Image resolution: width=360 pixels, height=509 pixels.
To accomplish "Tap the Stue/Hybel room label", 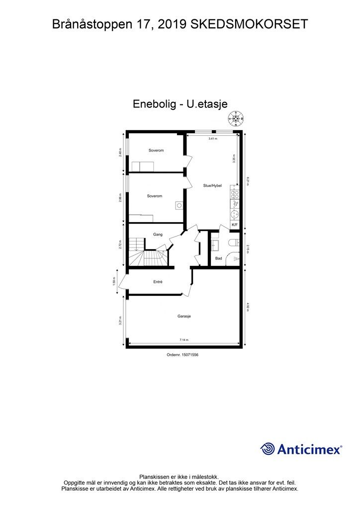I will point(212,185).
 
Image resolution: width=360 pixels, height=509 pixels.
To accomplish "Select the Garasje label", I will point(184,316).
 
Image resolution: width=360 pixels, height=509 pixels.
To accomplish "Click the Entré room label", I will point(158,282).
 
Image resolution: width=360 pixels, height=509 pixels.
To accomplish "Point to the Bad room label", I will point(218,258).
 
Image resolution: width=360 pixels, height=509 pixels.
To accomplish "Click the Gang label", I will point(158,234).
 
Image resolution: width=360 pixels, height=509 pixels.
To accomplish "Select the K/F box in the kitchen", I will point(235,225).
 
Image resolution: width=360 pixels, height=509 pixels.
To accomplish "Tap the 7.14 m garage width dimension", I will point(184,340).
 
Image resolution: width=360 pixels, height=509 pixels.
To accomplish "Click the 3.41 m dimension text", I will point(213,139).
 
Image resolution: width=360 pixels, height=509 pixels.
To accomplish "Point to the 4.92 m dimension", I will point(248,306).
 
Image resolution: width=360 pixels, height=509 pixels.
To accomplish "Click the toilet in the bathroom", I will point(233,243).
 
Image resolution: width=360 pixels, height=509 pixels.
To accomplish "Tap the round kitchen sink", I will point(235,214).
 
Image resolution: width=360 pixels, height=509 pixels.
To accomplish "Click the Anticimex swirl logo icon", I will point(268,449).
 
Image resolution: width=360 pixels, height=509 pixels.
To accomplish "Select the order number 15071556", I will point(186,354).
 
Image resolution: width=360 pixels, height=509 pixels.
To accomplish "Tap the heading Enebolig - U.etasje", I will point(180,104).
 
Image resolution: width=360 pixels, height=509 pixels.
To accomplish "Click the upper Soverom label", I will point(156,150).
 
